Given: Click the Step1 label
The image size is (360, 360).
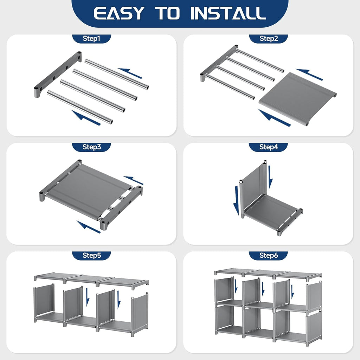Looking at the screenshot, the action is [91, 39].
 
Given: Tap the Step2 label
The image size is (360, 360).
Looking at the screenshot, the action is [269, 39].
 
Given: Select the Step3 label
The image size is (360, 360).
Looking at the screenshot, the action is [92, 147].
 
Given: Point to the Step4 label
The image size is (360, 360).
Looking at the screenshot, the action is [268, 147].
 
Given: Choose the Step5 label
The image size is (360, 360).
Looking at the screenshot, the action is [92, 255].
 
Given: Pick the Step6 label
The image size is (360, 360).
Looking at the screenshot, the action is [268, 255].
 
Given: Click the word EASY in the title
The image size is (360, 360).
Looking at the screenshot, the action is [119, 13].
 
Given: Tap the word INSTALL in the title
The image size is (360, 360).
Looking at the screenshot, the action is [228, 13].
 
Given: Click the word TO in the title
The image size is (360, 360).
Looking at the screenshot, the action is [167, 13].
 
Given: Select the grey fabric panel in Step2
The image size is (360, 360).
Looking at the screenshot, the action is [298, 99].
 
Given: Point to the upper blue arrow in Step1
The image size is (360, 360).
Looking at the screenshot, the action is [130, 73].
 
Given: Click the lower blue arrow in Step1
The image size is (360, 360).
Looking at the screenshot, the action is [86, 118].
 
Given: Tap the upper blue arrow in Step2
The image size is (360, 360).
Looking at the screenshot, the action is [309, 75].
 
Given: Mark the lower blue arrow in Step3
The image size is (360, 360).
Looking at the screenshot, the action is [88, 227].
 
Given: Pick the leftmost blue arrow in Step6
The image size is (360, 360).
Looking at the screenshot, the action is [236, 287].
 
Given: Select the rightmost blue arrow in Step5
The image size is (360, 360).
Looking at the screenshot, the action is [119, 300].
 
